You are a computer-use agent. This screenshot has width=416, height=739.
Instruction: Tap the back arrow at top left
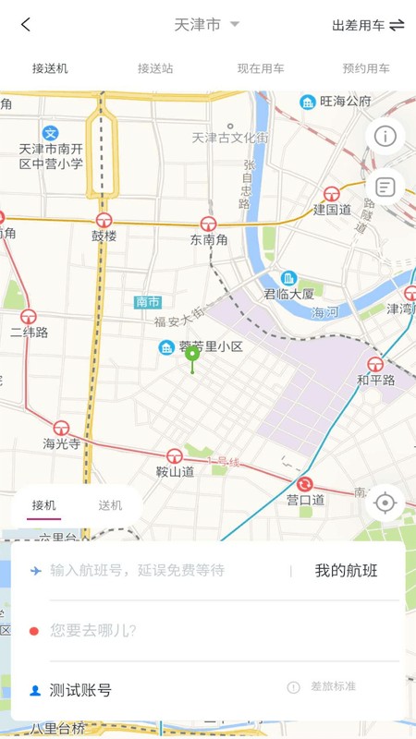[26, 25]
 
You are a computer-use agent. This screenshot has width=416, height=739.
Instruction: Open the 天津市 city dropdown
[206, 25]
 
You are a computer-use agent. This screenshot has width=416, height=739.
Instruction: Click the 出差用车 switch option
[368, 26]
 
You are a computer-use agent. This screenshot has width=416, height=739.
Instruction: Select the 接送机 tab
[50, 68]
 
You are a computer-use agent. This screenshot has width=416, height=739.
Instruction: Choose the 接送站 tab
[155, 68]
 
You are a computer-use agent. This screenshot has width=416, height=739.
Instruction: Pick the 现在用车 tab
[260, 68]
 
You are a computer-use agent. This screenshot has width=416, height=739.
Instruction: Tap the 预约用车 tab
[366, 68]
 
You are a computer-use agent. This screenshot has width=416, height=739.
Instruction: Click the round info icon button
[385, 137]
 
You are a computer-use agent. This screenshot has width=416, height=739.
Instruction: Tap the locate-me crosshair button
[385, 503]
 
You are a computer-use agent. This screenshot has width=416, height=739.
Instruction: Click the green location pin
[192, 356]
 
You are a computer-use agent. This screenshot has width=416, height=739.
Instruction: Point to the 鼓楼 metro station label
[104, 236]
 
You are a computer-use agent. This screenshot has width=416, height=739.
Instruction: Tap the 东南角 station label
[208, 238]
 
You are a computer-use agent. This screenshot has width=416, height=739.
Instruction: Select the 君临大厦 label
[289, 294]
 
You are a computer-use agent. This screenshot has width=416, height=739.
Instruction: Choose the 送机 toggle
[110, 505]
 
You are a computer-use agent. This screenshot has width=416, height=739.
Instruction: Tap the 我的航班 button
[346, 571]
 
